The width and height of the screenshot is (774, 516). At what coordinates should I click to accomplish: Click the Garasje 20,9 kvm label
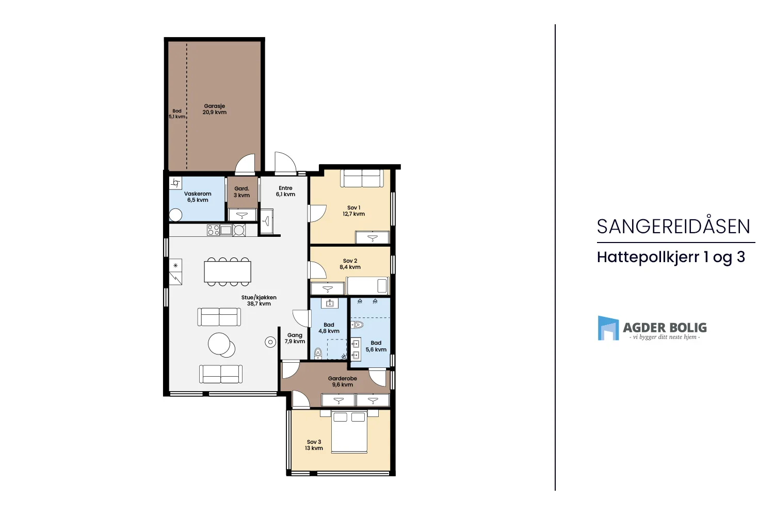pyautogui.click(x=214, y=109)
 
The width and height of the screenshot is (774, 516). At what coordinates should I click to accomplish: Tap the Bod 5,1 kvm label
pyautogui.click(x=177, y=114)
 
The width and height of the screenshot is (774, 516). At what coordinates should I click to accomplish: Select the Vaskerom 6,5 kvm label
pyautogui.click(x=198, y=197)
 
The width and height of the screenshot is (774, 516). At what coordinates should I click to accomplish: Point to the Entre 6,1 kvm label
pyautogui.click(x=285, y=191)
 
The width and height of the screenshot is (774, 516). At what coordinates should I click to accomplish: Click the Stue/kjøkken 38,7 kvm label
pyautogui.click(x=259, y=300)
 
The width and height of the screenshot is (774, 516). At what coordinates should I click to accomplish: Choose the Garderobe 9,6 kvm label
pyautogui.click(x=343, y=381)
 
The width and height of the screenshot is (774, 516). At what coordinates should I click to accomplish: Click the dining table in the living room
pyautogui.click(x=228, y=271)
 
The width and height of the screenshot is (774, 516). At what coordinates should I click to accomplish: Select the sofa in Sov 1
pyautogui.click(x=362, y=179)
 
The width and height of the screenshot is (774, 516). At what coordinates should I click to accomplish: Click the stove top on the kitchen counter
pyautogui.click(x=213, y=230)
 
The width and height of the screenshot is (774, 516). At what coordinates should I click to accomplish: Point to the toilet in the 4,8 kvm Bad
pyautogui.click(x=318, y=353)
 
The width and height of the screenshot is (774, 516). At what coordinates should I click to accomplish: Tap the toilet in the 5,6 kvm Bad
pyautogui.click(x=357, y=325)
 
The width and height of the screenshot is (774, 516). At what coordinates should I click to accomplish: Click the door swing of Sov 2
pyautogui.click(x=317, y=270)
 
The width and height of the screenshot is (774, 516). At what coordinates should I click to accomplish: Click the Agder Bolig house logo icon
pyautogui.click(x=608, y=328)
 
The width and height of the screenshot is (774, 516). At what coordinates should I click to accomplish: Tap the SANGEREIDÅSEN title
pyautogui.click(x=673, y=226)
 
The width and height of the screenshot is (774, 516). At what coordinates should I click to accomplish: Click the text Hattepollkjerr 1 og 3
pyautogui.click(x=671, y=257)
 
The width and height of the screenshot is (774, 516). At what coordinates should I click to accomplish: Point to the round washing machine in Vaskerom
pyautogui.click(x=175, y=215)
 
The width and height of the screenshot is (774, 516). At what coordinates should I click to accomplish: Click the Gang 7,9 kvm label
pyautogui.click(x=295, y=338)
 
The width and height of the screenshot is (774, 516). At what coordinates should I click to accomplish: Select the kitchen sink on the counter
pyautogui.click(x=226, y=230)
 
